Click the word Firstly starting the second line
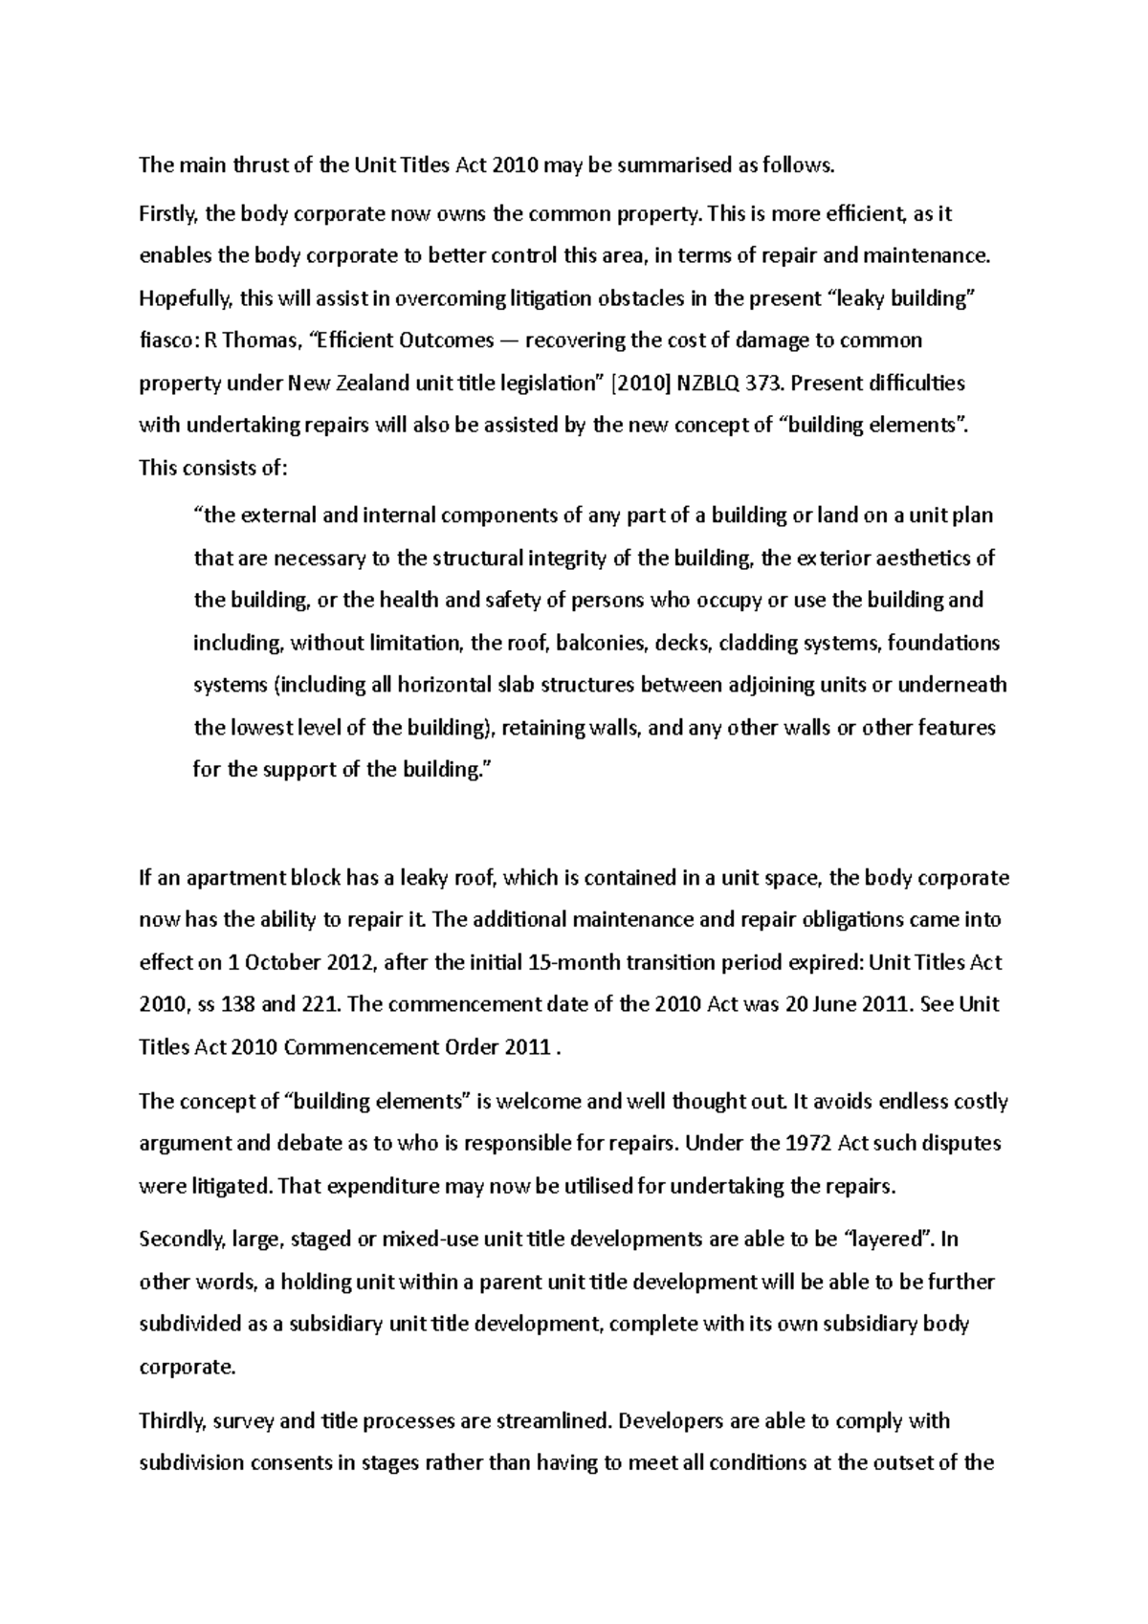coord(168,214)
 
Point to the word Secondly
coord(179,1240)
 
